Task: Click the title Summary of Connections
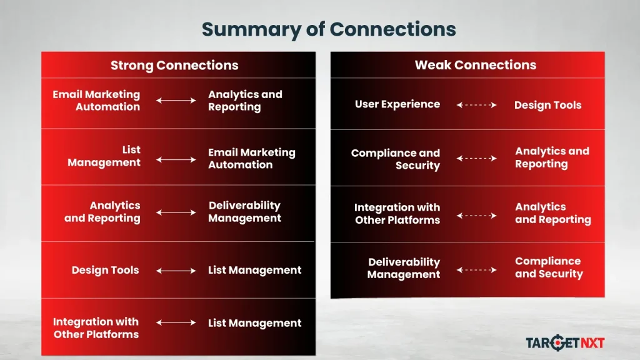(328, 29)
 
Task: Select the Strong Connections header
(174, 65)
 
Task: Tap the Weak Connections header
(475, 65)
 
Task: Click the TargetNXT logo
(565, 342)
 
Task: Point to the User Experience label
(397, 104)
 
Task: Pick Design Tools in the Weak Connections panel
(547, 105)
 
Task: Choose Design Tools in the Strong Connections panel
(105, 271)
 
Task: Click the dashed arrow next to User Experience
(476, 105)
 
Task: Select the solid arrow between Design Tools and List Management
(176, 271)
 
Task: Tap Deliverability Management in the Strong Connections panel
(244, 212)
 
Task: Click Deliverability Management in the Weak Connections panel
(404, 268)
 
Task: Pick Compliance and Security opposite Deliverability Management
(548, 267)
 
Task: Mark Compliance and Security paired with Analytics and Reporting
(396, 159)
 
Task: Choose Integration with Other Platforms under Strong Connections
(96, 328)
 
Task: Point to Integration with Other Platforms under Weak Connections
(397, 214)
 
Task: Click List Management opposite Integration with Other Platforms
(254, 323)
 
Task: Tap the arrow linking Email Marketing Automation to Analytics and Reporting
(176, 100)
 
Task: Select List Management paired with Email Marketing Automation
(104, 156)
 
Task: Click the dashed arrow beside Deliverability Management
(476, 270)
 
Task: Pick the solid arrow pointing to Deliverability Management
(176, 212)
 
